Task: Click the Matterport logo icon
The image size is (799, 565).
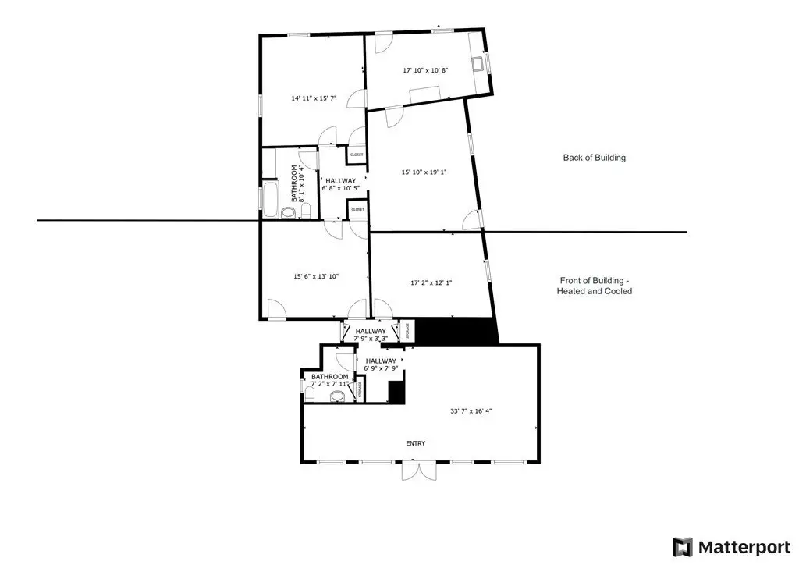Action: click(683, 545)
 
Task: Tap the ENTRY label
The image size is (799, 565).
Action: click(415, 443)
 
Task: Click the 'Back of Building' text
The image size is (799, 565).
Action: click(594, 158)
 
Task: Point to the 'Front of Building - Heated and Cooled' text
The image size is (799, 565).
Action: click(594, 286)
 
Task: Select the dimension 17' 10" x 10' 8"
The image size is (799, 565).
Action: click(425, 70)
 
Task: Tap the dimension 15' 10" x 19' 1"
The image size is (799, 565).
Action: click(424, 172)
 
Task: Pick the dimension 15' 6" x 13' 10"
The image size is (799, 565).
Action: click(316, 276)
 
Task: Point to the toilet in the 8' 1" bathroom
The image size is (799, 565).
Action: click(305, 210)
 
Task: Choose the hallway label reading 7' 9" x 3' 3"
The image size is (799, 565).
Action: click(371, 335)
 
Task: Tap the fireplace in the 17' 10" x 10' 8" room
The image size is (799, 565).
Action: click(482, 63)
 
